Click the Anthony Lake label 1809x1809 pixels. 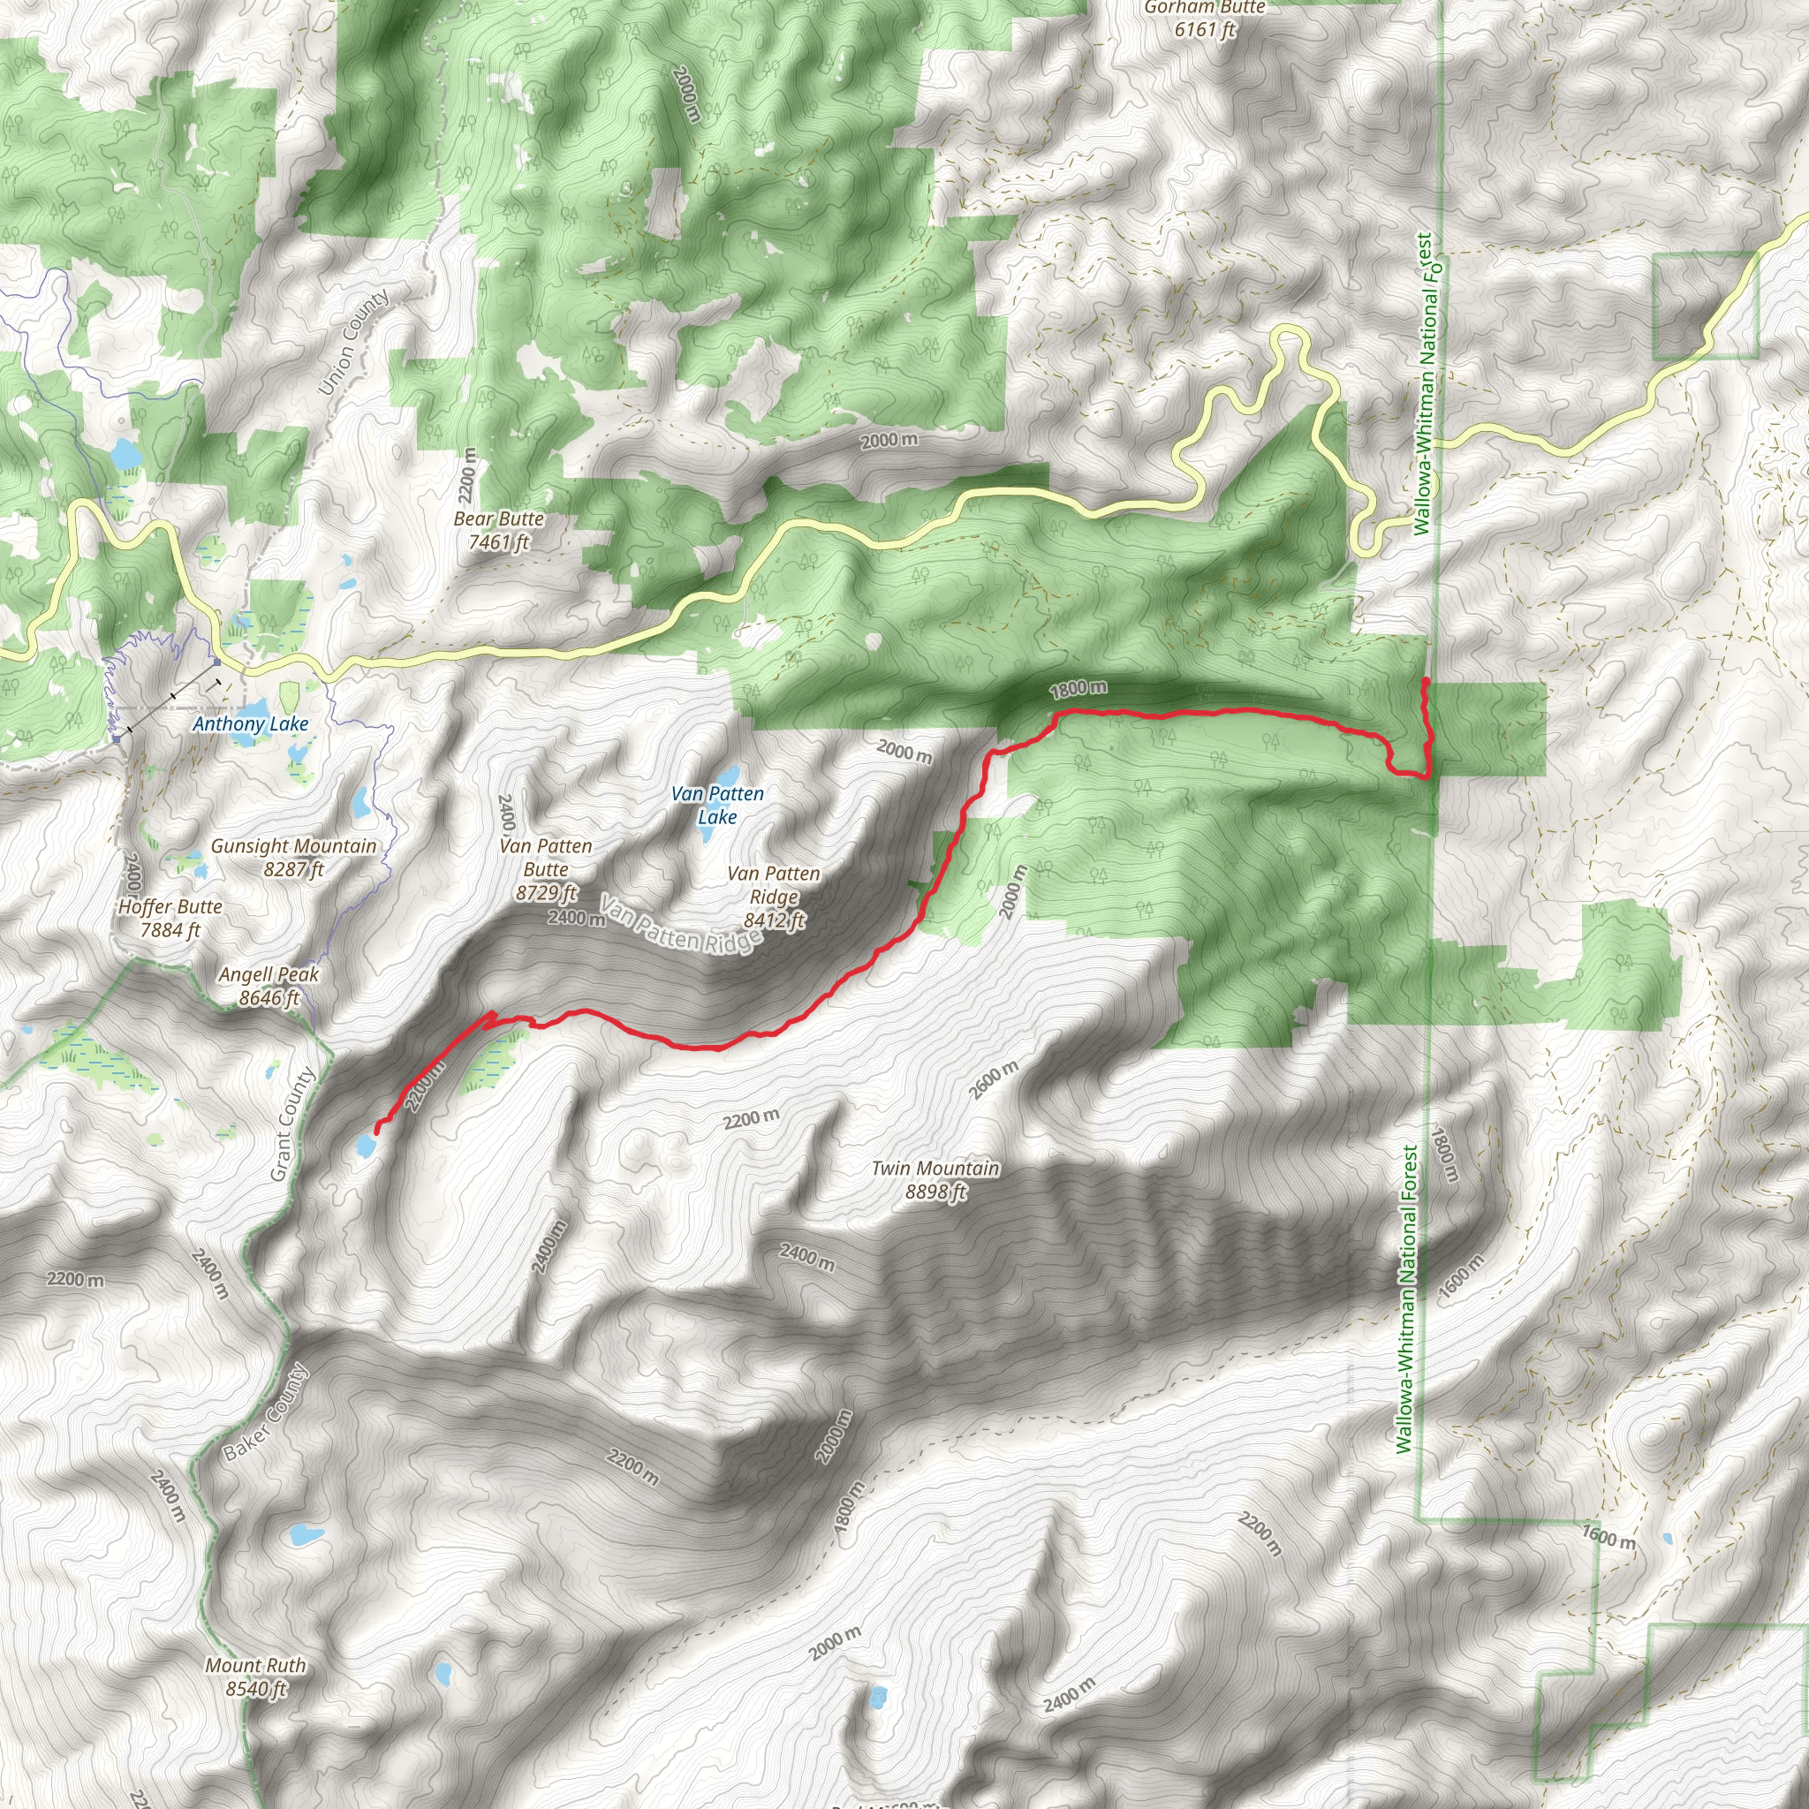[x=250, y=723]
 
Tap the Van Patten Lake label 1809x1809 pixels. [x=717, y=806]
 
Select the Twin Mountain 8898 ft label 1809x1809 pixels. [x=935, y=1180]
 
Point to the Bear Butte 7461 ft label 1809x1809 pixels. [x=498, y=530]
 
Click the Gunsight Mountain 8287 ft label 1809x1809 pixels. [x=293, y=857]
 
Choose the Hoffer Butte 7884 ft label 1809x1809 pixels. [x=170, y=918]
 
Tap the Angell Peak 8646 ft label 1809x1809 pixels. [x=269, y=986]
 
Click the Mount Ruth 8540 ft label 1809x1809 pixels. [x=254, y=1677]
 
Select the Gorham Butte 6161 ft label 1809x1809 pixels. [x=1204, y=19]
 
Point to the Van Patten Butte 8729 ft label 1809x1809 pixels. [x=546, y=869]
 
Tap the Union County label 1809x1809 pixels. [x=353, y=342]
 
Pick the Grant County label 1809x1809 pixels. [x=291, y=1124]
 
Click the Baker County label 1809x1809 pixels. [x=266, y=1412]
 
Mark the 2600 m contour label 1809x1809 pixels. [x=994, y=1080]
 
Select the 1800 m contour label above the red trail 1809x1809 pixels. [x=1078, y=690]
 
